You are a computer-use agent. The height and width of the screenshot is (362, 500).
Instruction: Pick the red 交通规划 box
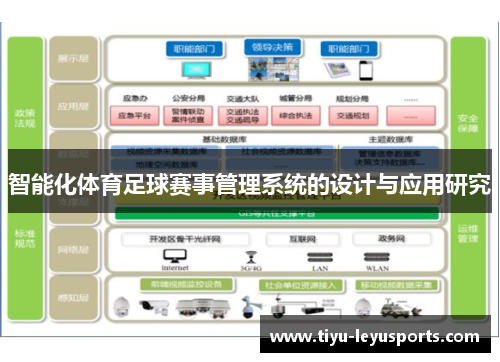coord(352,115)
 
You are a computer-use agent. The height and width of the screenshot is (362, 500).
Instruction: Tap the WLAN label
coord(376,268)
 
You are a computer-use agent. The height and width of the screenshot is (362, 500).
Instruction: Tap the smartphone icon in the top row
coord(363,71)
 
